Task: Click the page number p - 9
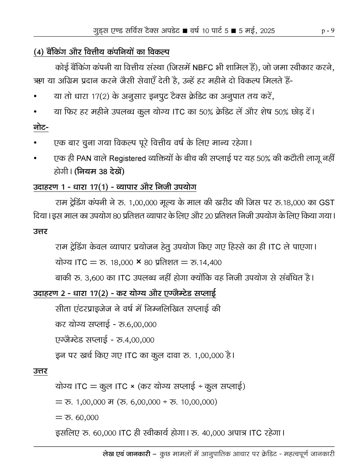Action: coord(328,30)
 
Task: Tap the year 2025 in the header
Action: coord(267,31)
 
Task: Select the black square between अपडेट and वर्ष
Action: coord(185,31)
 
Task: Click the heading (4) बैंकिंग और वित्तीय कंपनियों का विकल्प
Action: coord(101,52)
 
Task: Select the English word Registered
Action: coord(127,158)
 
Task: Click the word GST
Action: coord(327,203)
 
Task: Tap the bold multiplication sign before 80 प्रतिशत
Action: coord(138,262)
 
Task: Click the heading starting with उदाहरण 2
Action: coord(124,293)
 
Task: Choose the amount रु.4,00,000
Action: coord(135,340)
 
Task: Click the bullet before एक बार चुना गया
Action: coord(35,143)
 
